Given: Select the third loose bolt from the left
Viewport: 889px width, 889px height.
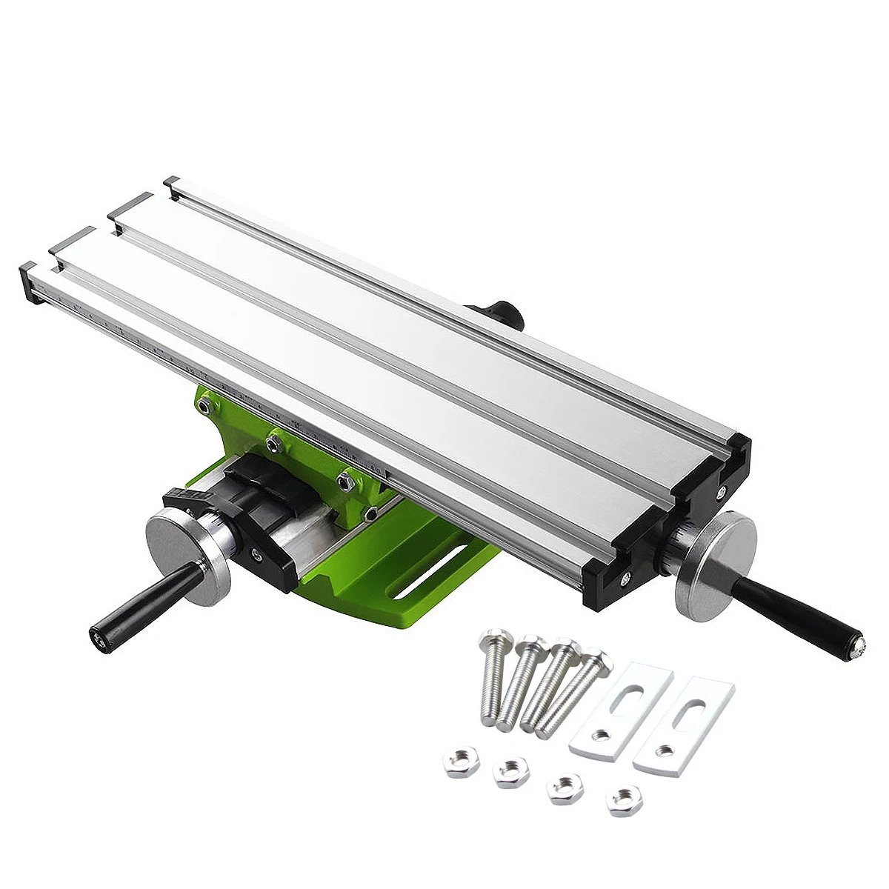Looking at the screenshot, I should pyautogui.click(x=552, y=685).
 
